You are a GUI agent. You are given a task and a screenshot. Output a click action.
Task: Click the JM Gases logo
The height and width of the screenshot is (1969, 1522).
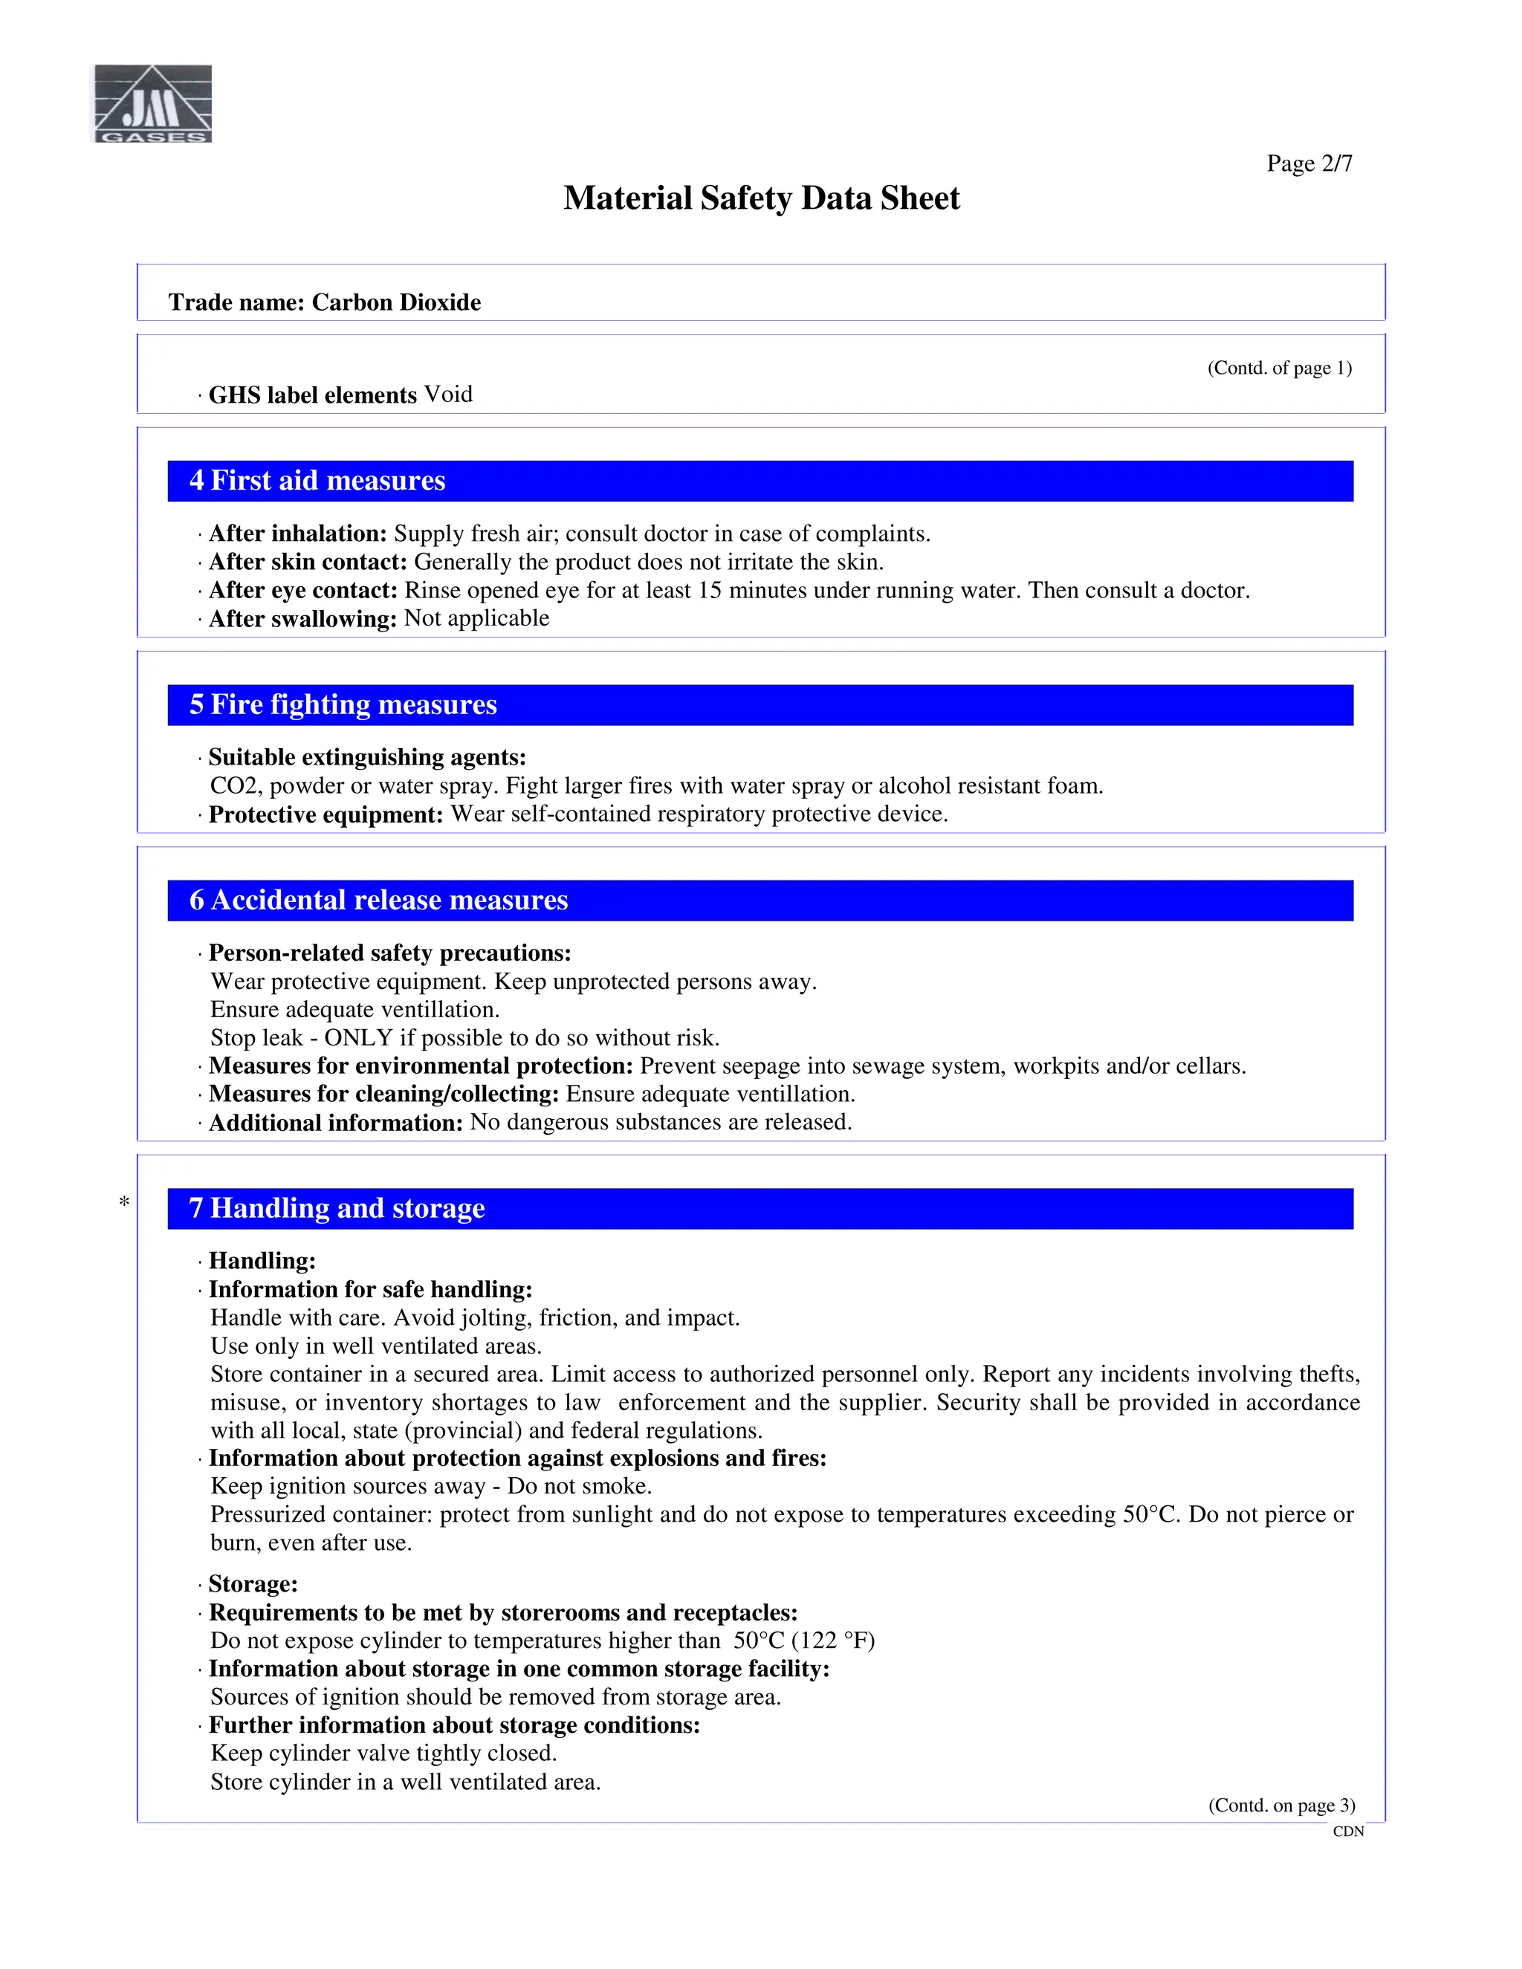click(153, 104)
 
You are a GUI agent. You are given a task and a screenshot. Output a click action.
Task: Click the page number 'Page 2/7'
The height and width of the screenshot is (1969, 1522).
click(1309, 163)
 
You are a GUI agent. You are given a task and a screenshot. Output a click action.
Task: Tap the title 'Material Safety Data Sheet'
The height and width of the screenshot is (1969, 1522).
click(761, 198)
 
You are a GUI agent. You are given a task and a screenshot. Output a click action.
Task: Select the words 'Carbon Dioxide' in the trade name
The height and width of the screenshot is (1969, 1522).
click(396, 302)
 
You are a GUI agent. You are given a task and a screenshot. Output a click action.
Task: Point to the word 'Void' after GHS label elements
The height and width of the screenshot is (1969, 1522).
click(448, 394)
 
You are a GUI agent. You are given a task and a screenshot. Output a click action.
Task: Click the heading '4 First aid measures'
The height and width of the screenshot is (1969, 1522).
click(317, 481)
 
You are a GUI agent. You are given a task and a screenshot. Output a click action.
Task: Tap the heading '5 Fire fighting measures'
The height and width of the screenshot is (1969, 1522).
click(343, 704)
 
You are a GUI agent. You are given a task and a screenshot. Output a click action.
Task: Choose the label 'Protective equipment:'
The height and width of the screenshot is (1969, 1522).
click(326, 814)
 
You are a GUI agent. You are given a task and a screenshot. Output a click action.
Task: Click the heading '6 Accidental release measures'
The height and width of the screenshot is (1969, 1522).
click(379, 900)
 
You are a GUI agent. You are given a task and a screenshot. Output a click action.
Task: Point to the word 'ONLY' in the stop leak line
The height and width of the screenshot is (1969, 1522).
click(358, 1038)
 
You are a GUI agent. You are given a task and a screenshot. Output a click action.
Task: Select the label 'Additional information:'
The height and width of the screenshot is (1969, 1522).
click(335, 1123)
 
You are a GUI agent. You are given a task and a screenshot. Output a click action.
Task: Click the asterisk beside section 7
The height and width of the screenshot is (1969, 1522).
click(124, 1201)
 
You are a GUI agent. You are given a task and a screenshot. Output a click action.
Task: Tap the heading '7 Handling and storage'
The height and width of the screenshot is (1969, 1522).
click(337, 1208)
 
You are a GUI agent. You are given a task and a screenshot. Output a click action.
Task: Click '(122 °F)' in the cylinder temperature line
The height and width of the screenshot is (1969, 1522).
click(833, 1640)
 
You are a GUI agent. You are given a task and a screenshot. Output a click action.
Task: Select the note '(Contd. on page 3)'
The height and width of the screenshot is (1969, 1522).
click(1281, 1805)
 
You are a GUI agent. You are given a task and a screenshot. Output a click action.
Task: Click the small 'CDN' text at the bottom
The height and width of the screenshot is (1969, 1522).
click(1348, 1831)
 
